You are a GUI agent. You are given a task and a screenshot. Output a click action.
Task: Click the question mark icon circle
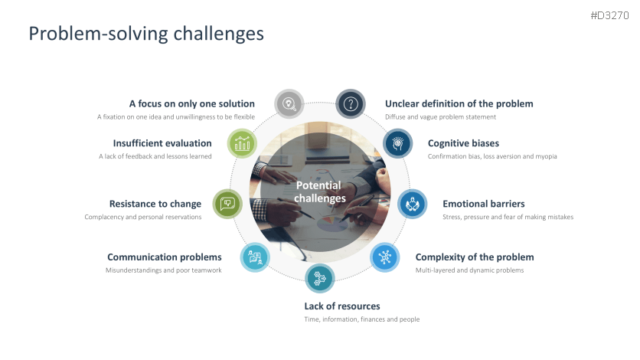tap(351, 104)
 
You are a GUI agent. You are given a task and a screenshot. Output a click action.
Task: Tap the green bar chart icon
tap(242, 143)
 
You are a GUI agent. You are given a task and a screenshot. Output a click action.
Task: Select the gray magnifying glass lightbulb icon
tap(289, 103)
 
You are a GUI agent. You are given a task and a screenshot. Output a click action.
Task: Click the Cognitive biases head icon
tap(398, 143)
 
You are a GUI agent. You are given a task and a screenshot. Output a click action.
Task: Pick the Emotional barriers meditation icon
tap(412, 204)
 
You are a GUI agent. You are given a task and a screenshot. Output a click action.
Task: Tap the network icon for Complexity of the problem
tap(385, 257)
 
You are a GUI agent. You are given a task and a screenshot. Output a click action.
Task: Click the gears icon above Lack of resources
tap(319, 279)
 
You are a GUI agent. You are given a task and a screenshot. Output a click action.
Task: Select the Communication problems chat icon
tap(255, 257)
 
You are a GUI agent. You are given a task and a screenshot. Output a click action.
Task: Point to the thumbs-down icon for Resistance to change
tap(227, 204)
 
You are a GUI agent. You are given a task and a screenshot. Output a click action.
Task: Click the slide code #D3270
tap(610, 15)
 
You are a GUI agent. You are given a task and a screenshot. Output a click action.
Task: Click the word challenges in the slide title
tap(219, 34)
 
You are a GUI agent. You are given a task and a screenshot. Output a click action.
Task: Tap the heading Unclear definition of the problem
tap(459, 103)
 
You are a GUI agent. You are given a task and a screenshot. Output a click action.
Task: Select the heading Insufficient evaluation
tap(162, 143)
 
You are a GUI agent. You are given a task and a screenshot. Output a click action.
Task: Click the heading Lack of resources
tap(342, 306)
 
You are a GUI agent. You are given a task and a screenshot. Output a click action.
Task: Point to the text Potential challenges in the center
tap(319, 191)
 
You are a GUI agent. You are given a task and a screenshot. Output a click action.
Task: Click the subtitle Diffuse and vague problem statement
tap(440, 116)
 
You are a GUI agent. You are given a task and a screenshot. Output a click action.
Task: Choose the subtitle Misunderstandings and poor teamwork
tap(164, 270)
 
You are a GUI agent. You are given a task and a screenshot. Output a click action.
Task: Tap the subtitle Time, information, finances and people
tap(361, 319)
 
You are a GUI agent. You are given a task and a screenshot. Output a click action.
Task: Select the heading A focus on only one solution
tap(192, 103)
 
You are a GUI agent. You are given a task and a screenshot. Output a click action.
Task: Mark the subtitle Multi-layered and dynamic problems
tap(469, 270)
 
